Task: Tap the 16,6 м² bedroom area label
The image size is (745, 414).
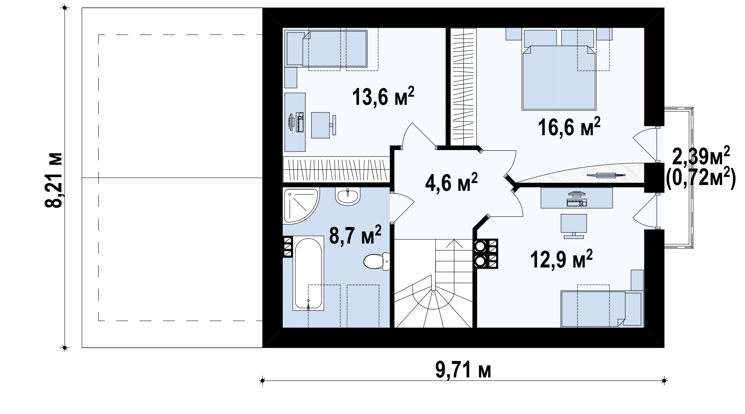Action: point(569,127)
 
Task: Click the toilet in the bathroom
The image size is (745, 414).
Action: point(377,261)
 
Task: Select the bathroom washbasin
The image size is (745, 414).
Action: point(348,196)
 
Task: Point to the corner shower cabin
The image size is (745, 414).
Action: point(301,206)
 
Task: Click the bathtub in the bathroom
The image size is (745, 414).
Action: point(308,273)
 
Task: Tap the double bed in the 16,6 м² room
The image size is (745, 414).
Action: point(559,78)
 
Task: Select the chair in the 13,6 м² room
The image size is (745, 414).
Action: point(323,125)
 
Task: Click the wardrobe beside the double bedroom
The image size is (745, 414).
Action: point(464,87)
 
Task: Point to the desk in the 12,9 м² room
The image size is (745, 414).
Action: point(577,198)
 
